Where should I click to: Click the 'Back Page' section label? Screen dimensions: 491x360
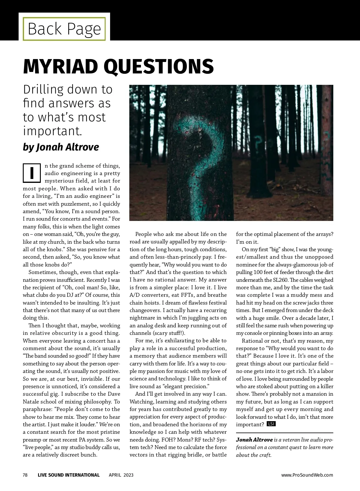[64, 29]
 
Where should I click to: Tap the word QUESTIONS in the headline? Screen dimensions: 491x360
[159, 67]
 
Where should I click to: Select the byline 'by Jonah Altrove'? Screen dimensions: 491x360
[61, 147]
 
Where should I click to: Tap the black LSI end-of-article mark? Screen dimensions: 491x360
[271, 424]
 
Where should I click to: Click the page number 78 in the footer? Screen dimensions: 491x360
[25, 475]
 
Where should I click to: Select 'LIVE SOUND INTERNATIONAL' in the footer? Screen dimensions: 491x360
[69, 475]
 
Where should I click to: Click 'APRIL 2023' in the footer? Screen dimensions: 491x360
[121, 475]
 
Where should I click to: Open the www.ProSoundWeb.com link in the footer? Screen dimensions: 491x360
[307, 475]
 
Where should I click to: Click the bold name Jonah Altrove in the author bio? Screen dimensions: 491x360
[254, 440]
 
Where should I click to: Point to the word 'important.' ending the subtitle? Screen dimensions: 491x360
[52, 131]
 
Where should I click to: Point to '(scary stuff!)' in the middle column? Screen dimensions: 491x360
[169, 333]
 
